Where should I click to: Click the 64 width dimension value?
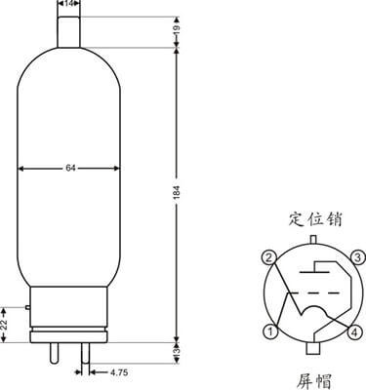pos(70,168)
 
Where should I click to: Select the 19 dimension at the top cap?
pos(177,29)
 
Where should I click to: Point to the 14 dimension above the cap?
pos(68,4)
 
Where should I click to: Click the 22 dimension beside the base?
pos(5,325)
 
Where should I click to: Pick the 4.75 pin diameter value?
pos(119,372)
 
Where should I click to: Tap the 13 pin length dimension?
pos(177,353)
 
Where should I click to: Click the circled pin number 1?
pos(269,331)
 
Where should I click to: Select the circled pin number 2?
pos(268,257)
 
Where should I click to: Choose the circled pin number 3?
pos(357,257)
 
